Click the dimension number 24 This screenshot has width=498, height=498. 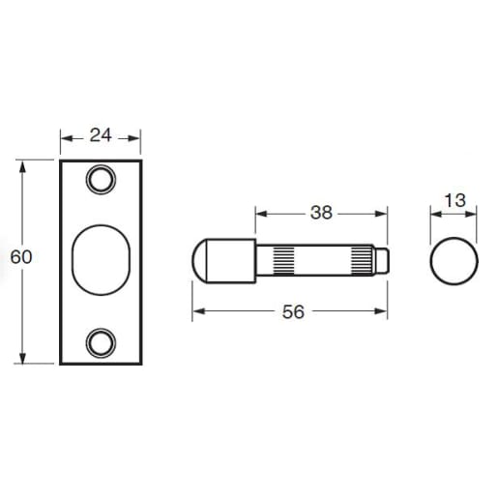[x=101, y=136]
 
